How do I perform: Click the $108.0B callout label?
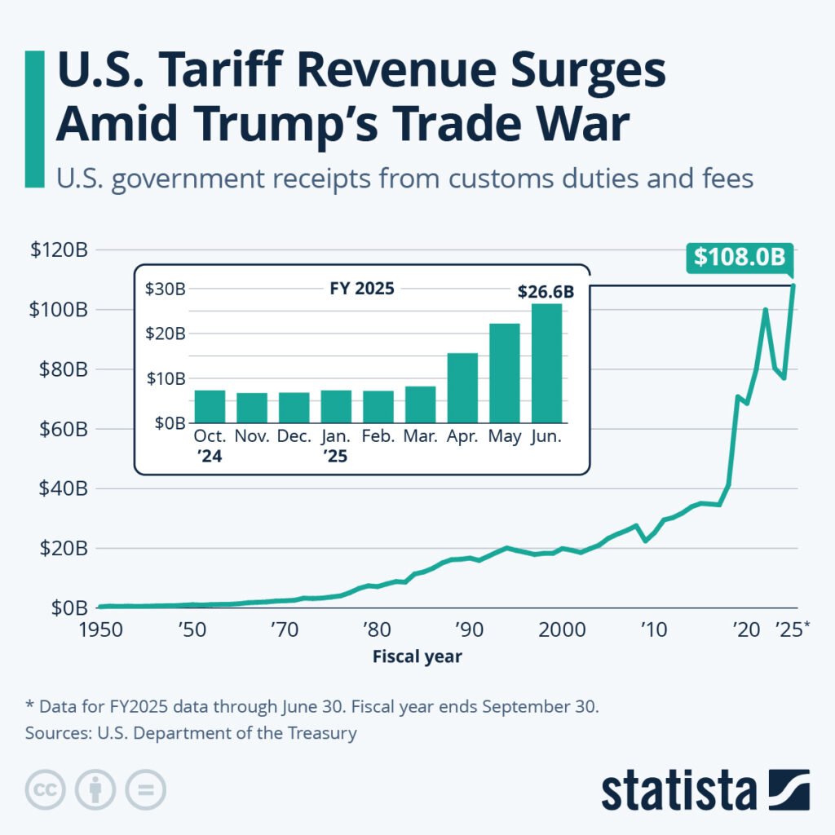(x=740, y=257)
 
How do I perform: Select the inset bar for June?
(x=546, y=364)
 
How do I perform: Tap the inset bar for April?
(x=462, y=388)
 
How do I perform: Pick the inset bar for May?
(x=505, y=373)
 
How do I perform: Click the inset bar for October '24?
(x=210, y=407)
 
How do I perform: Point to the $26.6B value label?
(x=546, y=291)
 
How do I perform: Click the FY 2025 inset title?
(x=363, y=289)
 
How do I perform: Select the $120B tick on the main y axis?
(x=59, y=250)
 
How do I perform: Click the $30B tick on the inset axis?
(x=166, y=289)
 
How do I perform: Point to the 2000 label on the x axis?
(x=561, y=630)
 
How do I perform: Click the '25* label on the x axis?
(x=792, y=630)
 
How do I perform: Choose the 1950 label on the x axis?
(x=106, y=630)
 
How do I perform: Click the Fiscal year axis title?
(x=417, y=656)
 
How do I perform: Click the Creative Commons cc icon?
(x=46, y=789)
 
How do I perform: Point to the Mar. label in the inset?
(x=420, y=437)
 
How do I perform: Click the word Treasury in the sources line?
(x=322, y=732)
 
